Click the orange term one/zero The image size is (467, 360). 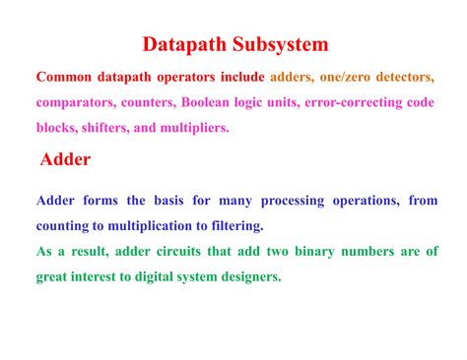[x=348, y=77]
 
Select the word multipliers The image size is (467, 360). [x=194, y=128]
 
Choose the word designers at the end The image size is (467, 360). [x=249, y=277]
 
